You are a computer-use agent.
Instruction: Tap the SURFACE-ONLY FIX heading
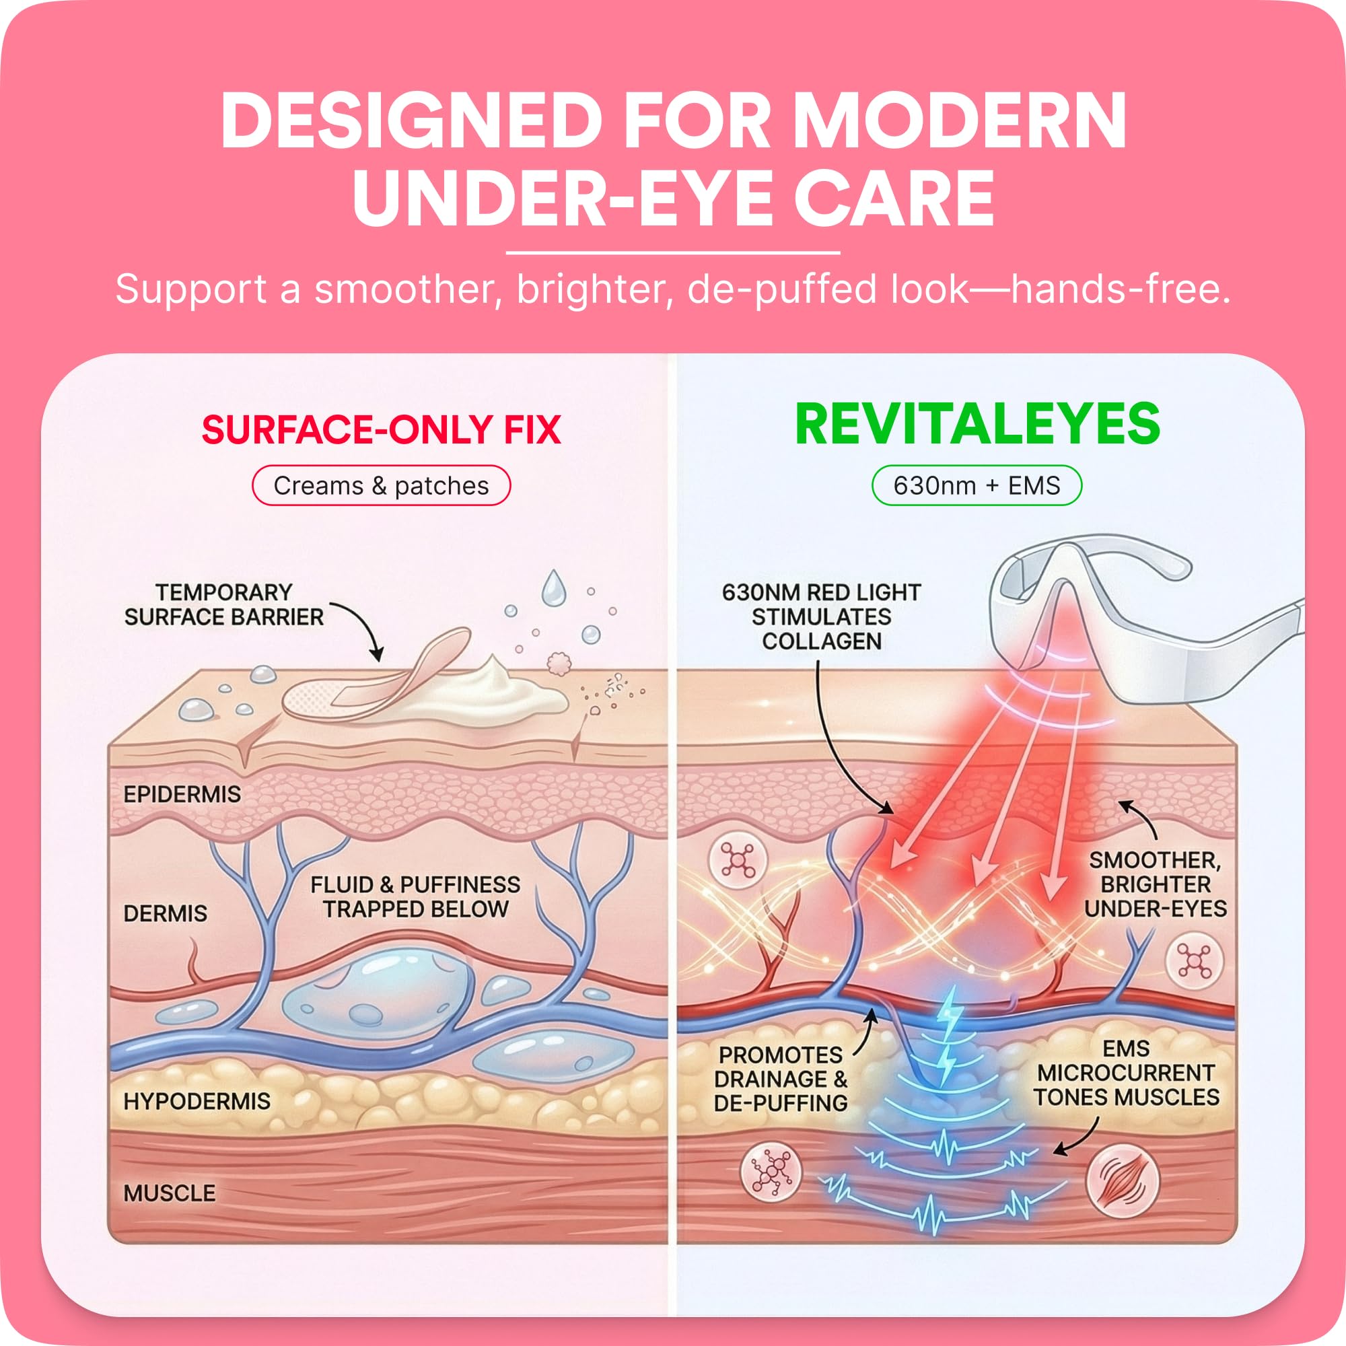tap(381, 430)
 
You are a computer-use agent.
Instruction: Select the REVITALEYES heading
tap(977, 423)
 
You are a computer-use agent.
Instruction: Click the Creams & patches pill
tap(381, 486)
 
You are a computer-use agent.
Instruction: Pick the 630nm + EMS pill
tap(977, 486)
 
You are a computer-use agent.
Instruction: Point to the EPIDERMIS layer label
tap(182, 794)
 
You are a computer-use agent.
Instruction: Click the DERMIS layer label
tap(165, 913)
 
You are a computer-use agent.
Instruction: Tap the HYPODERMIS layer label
tap(197, 1102)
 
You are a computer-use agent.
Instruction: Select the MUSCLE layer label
tap(170, 1193)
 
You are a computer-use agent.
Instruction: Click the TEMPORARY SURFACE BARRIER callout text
tap(223, 605)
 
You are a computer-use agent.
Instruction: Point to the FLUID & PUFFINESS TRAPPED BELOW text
tap(415, 896)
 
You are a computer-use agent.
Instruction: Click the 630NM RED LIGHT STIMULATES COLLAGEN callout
tap(821, 616)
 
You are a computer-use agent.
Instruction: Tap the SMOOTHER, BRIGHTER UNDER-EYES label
tap(1155, 884)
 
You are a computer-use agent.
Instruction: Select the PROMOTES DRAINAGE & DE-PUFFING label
tap(780, 1079)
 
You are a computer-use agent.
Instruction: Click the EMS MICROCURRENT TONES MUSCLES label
tap(1127, 1073)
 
